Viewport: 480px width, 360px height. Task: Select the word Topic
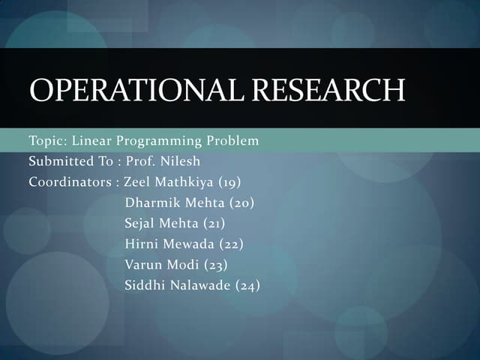coord(47,141)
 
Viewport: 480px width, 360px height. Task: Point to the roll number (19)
coord(229,181)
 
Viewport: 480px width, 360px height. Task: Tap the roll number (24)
coord(247,284)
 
